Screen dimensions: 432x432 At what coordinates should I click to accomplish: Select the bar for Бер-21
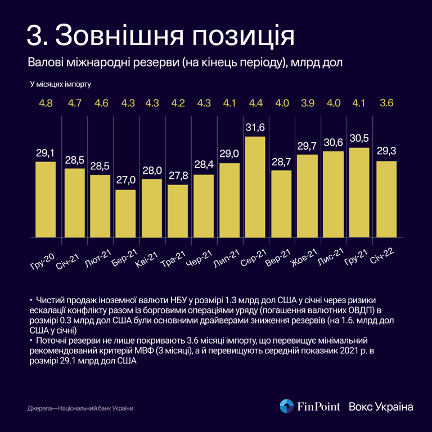125,214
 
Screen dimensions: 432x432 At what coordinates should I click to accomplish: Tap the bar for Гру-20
46,200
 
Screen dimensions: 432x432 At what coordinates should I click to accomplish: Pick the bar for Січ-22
386,199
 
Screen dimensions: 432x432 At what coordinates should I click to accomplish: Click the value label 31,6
255,128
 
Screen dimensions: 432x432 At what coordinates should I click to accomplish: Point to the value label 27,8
177,176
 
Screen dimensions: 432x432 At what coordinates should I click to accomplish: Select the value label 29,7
307,146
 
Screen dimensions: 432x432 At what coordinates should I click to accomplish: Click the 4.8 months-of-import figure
45,103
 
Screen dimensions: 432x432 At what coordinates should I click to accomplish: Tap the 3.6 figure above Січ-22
386,103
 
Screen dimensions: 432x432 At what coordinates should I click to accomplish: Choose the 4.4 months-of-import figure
255,103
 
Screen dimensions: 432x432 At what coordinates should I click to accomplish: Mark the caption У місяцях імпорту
61,84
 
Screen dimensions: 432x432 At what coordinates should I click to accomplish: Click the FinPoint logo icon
287,406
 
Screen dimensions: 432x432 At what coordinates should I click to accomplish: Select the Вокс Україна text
381,407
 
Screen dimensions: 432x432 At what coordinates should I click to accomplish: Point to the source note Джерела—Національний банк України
80,408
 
